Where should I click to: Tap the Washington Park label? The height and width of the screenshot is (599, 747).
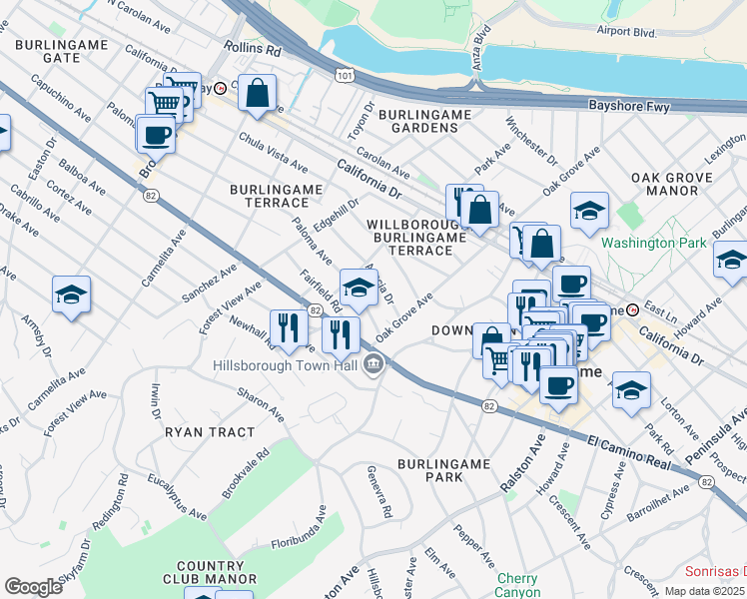click(653, 242)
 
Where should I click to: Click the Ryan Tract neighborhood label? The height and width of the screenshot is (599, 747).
click(210, 432)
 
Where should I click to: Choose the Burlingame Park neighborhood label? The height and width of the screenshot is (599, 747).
click(443, 470)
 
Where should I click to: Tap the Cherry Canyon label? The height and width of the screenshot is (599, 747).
click(517, 585)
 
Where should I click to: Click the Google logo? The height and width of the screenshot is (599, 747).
click(33, 586)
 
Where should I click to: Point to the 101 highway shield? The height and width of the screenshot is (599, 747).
click(344, 75)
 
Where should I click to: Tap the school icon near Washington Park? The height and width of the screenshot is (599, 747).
click(589, 211)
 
